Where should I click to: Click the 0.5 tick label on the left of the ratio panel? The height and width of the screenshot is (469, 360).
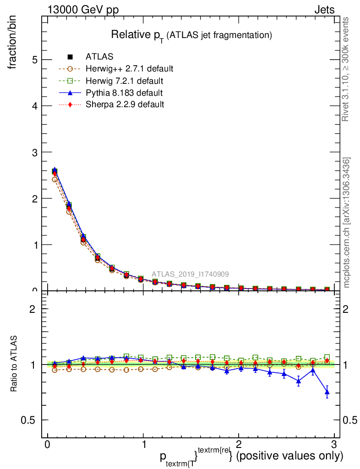click(x=30, y=420)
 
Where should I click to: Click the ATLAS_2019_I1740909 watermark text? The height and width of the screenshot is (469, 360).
click(x=191, y=274)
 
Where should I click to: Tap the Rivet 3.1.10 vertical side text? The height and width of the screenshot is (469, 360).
click(x=346, y=69)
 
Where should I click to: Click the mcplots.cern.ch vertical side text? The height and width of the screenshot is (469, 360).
click(x=347, y=223)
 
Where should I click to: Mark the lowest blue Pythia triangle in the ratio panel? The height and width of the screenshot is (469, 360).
click(x=327, y=392)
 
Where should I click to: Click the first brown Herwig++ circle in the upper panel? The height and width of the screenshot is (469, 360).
click(x=55, y=179)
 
